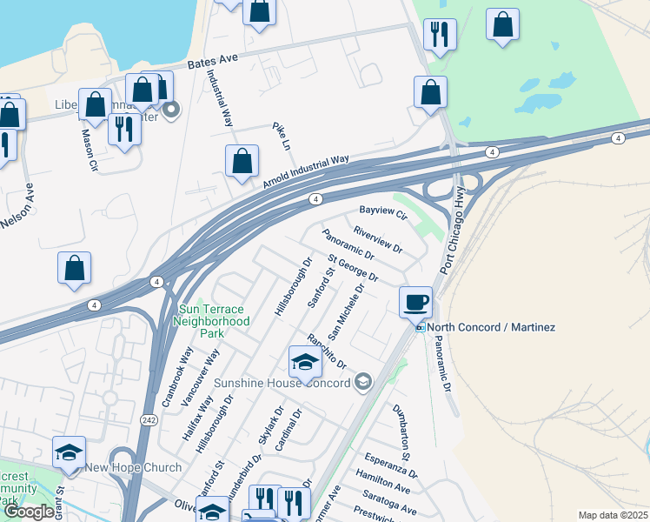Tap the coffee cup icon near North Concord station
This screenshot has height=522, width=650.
(415, 302)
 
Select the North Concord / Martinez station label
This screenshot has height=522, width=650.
(492, 327)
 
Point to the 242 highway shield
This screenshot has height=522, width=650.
(149, 420)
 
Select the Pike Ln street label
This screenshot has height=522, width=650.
(280, 136)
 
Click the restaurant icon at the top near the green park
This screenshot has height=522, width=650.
(439, 35)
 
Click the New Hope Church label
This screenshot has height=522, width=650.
(133, 468)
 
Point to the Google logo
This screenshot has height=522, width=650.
(28, 512)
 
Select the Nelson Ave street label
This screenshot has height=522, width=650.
(17, 205)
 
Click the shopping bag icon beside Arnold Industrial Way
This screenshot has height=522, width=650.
(242, 161)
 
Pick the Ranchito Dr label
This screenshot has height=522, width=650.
(327, 351)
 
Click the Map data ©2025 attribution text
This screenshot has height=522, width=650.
(614, 515)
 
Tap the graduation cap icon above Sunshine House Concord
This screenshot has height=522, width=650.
(305, 362)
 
